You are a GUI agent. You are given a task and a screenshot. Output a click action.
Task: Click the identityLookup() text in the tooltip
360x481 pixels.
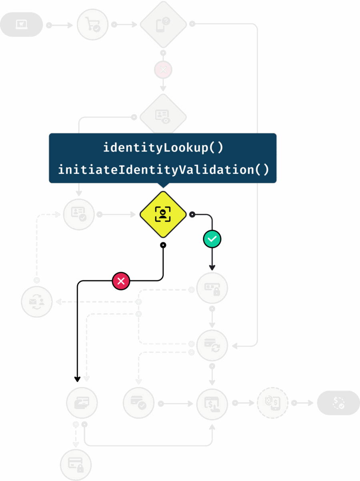point(163,148)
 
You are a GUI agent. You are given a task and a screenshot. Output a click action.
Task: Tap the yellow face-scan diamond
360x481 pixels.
point(163,214)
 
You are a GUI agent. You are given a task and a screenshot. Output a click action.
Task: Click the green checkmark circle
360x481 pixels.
point(212,239)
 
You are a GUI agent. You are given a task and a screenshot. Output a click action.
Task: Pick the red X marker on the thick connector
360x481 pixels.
point(121,281)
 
